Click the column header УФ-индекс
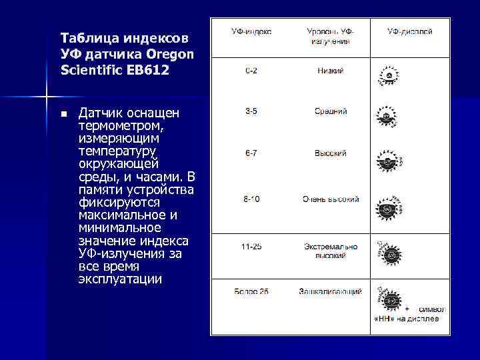[251, 31]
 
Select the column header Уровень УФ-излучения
[331, 36]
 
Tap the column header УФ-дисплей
[410, 31]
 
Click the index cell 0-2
[251, 70]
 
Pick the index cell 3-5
[251, 111]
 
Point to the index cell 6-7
[251, 153]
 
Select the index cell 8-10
[251, 199]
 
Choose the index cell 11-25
[251, 246]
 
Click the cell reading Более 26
[251, 291]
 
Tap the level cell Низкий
[331, 70]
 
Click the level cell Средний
[331, 111]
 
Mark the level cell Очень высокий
[331, 199]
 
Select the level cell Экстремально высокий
[331, 250]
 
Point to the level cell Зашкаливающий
[331, 291]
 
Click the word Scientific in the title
[93, 69]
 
